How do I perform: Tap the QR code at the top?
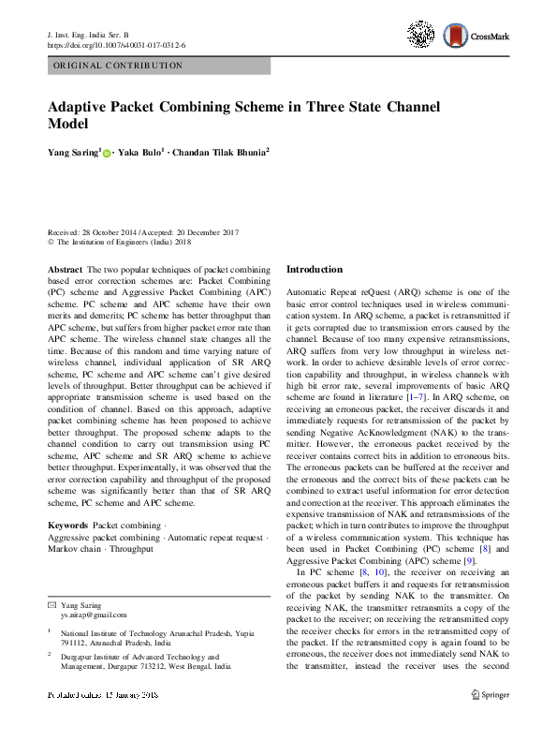tap(420, 35)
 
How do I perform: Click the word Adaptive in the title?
tap(83, 107)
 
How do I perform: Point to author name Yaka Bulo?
tap(141, 151)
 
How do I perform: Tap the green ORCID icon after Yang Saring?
tap(107, 152)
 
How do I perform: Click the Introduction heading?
tap(315, 269)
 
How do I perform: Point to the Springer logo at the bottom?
tap(491, 721)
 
